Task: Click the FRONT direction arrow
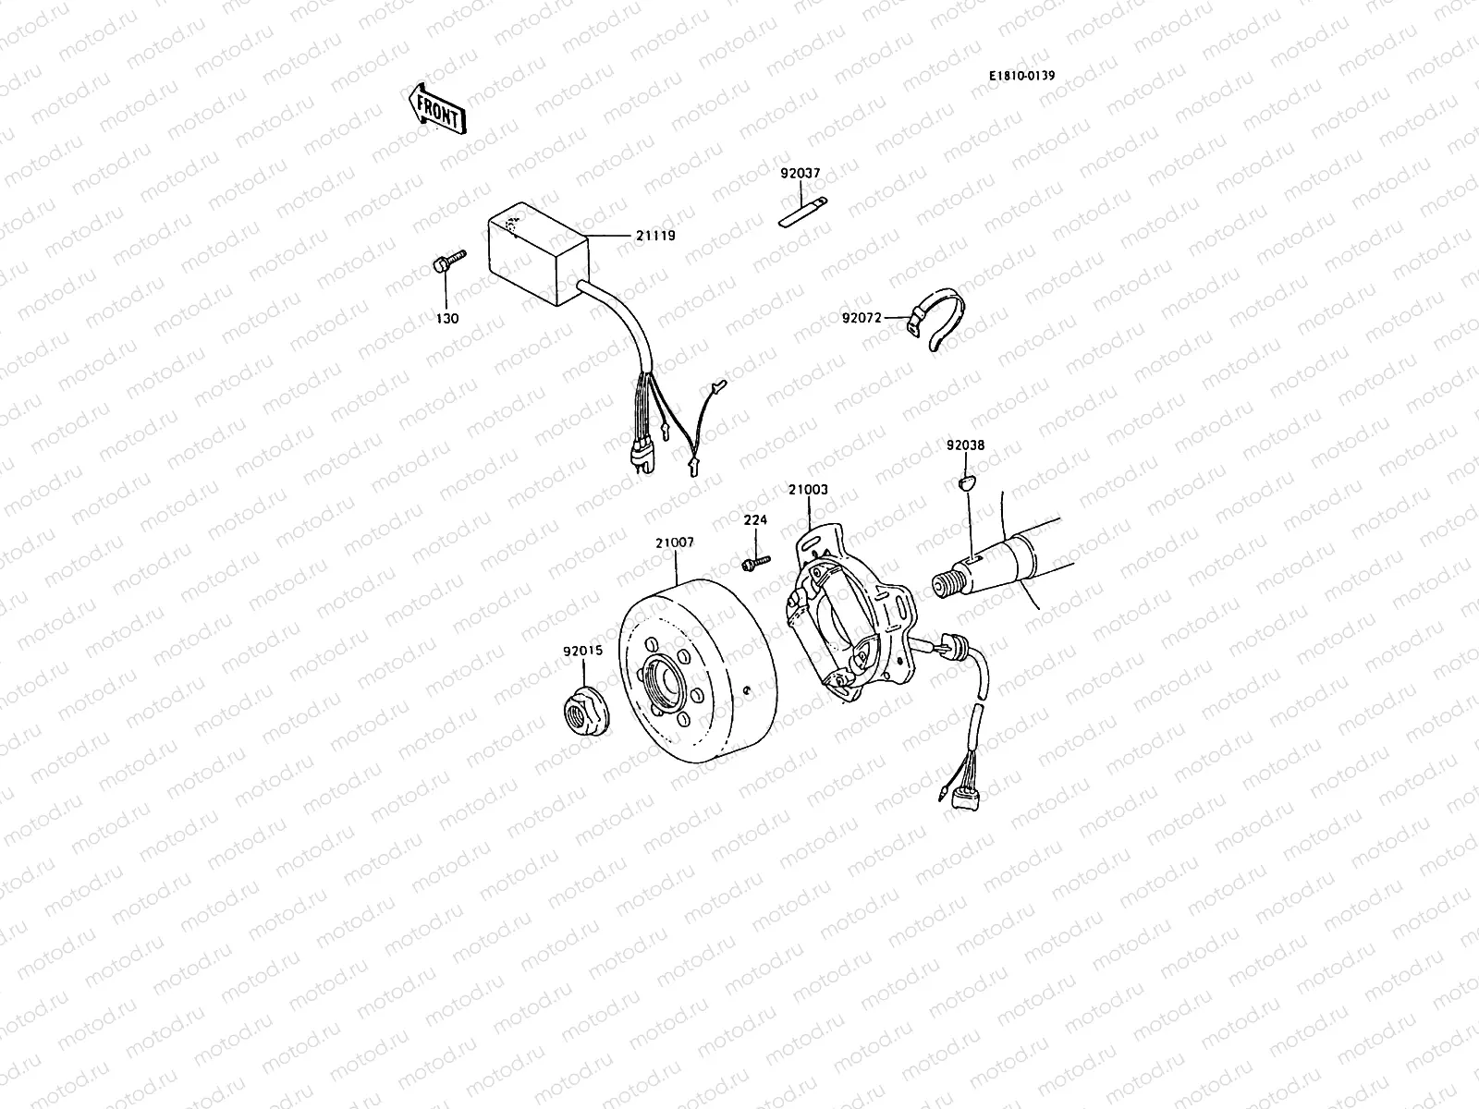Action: pyautogui.click(x=434, y=108)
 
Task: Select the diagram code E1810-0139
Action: pyautogui.click(x=1021, y=77)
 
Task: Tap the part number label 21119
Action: pyautogui.click(x=655, y=236)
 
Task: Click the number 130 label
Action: pyautogui.click(x=448, y=318)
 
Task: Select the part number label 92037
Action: pyautogui.click(x=800, y=172)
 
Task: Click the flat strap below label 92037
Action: pyautogui.click(x=801, y=213)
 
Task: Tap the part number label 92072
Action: pyautogui.click(x=862, y=318)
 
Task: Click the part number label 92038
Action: pyautogui.click(x=965, y=445)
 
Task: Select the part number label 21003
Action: pyautogui.click(x=808, y=490)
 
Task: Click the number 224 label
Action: pyautogui.click(x=755, y=520)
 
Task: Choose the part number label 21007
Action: pyautogui.click(x=674, y=543)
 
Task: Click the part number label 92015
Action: pyautogui.click(x=582, y=651)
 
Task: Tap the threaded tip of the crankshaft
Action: pyautogui.click(x=942, y=587)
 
